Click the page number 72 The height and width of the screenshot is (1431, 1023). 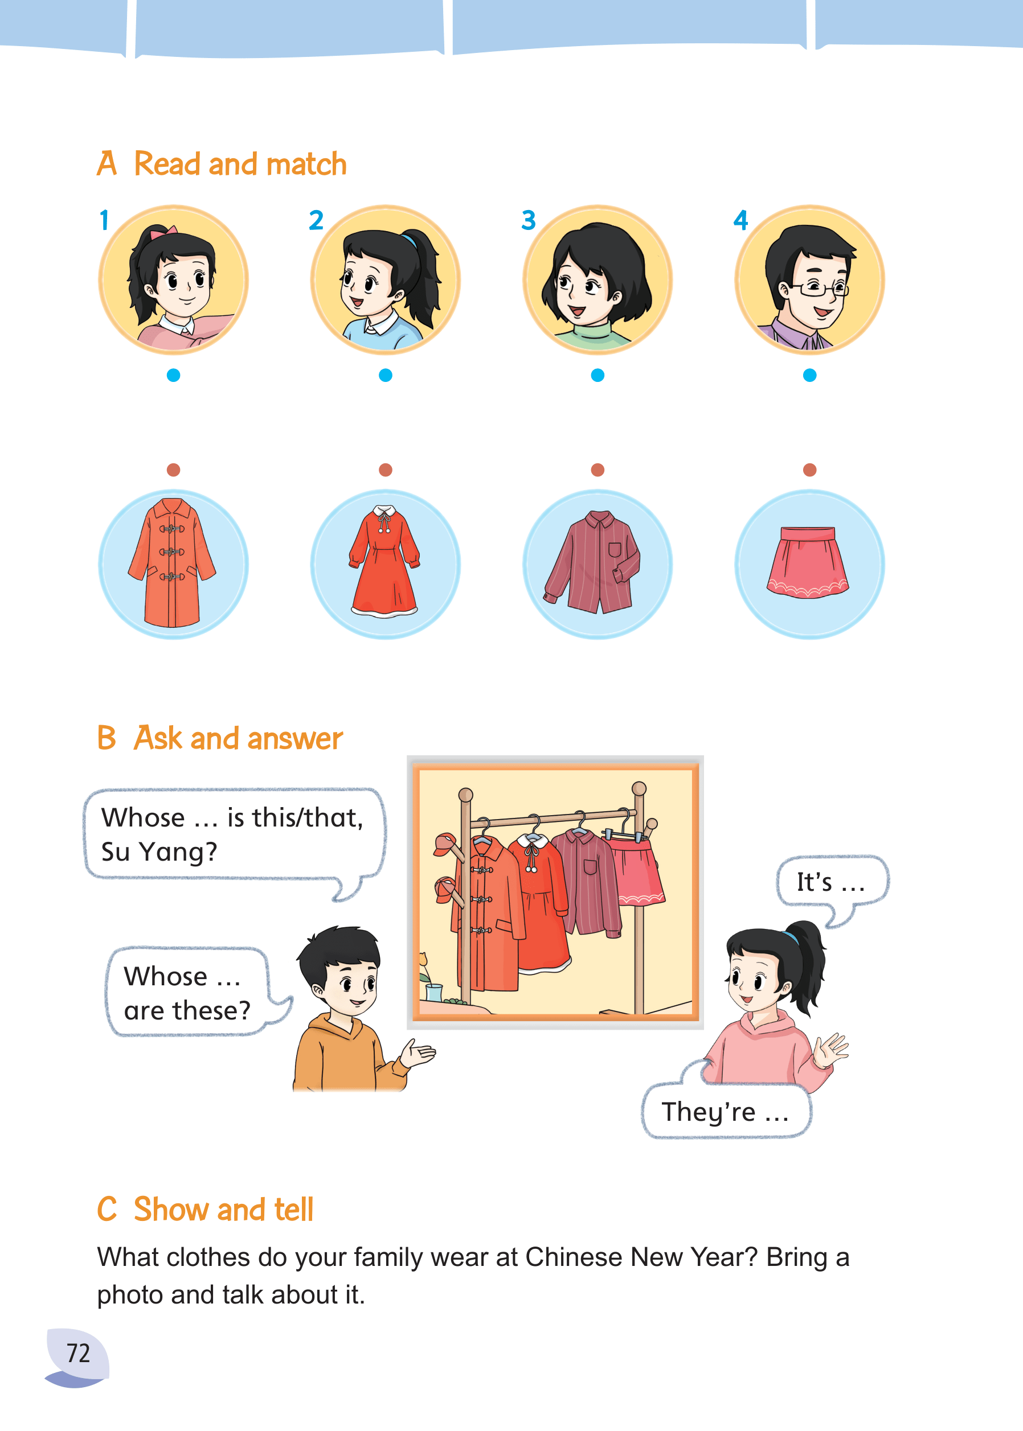pos(79,1353)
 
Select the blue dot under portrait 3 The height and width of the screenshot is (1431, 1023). pos(598,375)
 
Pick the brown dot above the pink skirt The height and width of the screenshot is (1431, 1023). pos(810,470)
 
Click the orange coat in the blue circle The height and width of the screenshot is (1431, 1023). pos(172,563)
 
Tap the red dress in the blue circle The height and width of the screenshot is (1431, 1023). pos(384,561)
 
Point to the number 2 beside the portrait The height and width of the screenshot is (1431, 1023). pos(316,220)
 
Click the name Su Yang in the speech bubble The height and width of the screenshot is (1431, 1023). pos(159,852)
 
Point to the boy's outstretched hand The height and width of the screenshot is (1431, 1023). pos(417,1052)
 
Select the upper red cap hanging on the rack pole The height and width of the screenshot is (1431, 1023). pos(446,844)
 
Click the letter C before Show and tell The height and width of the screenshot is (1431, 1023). pos(107,1209)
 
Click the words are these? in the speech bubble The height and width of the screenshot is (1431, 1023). pos(187,1011)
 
